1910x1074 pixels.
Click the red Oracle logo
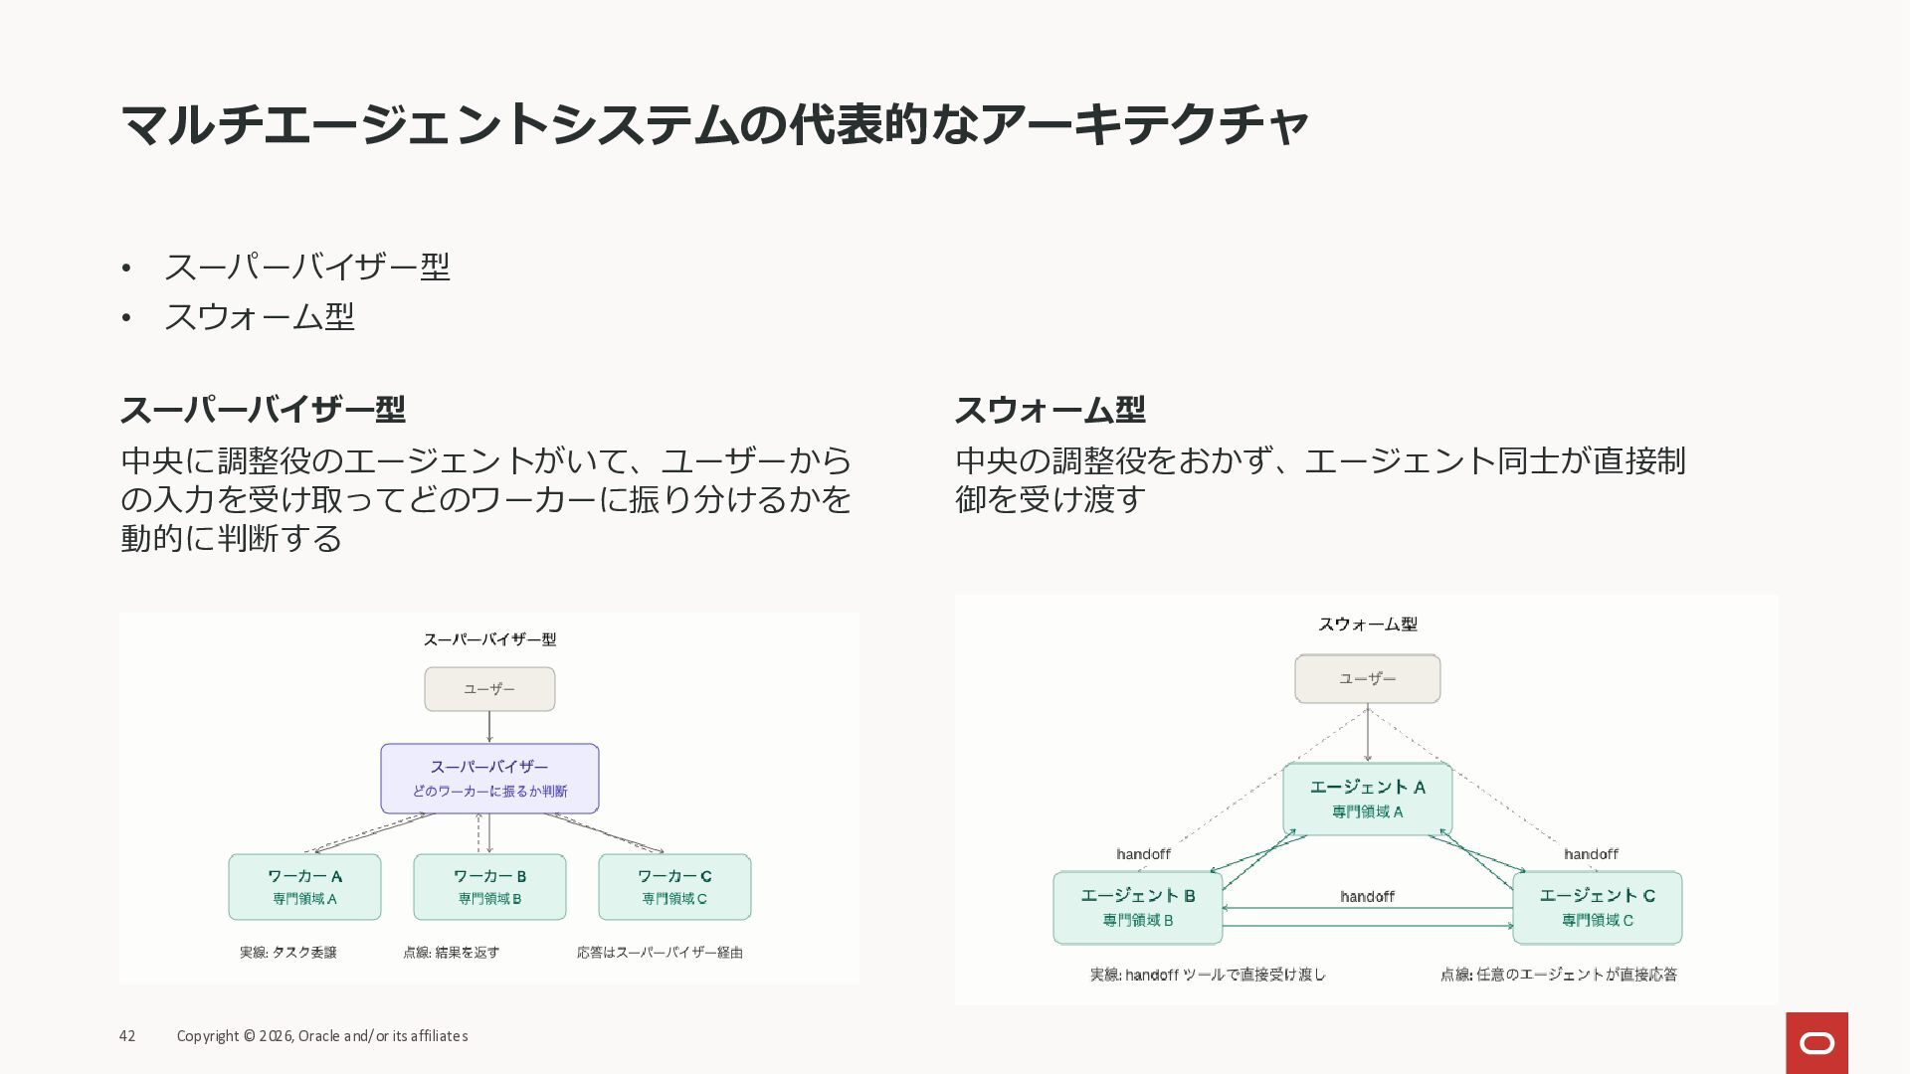(x=1816, y=1042)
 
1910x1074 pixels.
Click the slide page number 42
(x=127, y=1036)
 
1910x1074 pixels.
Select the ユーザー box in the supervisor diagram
(x=489, y=689)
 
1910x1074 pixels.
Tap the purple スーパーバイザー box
(x=489, y=779)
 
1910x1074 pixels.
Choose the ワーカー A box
(x=304, y=887)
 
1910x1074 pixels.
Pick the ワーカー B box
(x=489, y=887)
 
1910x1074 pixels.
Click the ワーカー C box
(x=674, y=887)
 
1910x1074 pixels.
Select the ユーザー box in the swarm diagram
(x=1367, y=679)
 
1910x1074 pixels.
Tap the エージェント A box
(x=1367, y=799)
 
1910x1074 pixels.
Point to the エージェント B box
(x=1138, y=908)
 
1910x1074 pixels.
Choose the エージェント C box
(x=1597, y=908)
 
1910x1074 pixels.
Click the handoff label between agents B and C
(x=1367, y=897)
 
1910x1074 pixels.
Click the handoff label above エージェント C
(x=1591, y=854)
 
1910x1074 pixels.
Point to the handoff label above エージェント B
(x=1143, y=854)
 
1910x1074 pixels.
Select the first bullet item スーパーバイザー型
(x=306, y=267)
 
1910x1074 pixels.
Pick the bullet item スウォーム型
(x=259, y=317)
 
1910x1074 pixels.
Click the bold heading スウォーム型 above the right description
(x=1050, y=410)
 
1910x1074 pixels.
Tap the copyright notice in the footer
(x=322, y=1036)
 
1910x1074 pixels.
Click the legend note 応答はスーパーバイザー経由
(x=660, y=953)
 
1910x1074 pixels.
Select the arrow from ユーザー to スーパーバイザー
(x=489, y=727)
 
